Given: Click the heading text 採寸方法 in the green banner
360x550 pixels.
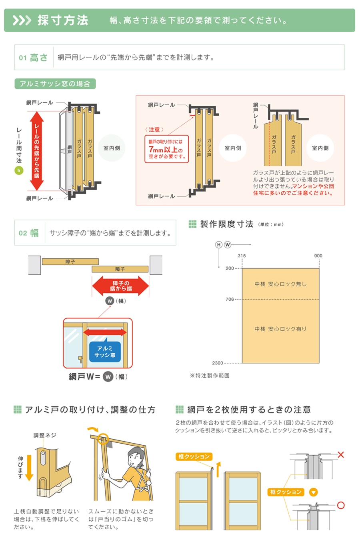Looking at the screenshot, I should [63, 20].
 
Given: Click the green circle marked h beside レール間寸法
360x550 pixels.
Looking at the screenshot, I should [18, 170].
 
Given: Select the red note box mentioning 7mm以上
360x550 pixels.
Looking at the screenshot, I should [166, 149].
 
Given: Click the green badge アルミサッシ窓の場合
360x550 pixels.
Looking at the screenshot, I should [55, 84].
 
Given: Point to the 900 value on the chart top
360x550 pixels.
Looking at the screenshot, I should [318, 256].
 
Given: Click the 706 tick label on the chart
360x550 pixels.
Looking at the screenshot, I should [230, 299].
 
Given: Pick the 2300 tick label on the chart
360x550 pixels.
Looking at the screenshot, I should [218, 363].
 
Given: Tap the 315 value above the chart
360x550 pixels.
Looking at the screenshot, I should [242, 256].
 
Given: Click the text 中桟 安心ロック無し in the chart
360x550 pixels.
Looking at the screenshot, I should [280, 284].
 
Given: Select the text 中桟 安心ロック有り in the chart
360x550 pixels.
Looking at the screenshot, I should [280, 329].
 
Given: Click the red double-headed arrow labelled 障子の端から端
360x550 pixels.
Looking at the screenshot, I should [120, 286].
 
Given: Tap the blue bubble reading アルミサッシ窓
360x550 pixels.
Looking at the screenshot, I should [105, 352].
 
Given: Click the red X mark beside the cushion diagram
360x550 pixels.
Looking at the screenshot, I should [341, 455].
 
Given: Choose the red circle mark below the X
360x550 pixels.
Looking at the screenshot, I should [341, 505].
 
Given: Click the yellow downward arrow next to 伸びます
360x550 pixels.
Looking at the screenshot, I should [29, 472].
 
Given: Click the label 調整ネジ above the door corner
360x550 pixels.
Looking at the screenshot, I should [45, 435].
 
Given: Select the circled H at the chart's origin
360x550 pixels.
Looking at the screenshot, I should [219, 244].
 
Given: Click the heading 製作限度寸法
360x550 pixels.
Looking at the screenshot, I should [226, 224].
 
